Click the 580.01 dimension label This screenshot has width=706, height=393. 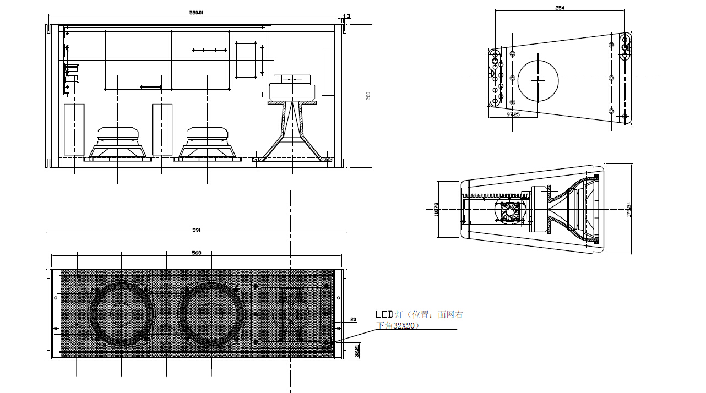[197, 12]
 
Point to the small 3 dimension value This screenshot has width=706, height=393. [348, 17]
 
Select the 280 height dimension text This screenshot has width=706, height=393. [368, 96]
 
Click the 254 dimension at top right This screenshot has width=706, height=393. [560, 8]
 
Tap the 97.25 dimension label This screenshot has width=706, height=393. [513, 114]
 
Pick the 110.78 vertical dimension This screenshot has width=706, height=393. [436, 210]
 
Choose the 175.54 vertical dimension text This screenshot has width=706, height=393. [629, 210]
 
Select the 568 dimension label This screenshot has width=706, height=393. [197, 253]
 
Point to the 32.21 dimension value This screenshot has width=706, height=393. [357, 351]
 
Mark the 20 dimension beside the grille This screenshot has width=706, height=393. [353, 319]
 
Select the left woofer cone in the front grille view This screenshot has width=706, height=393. [121, 314]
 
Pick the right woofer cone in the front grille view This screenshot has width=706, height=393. [211, 314]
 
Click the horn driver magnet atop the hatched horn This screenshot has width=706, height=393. [292, 89]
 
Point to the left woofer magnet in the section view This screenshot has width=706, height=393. [117, 135]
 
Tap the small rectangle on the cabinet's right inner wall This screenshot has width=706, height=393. [328, 73]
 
